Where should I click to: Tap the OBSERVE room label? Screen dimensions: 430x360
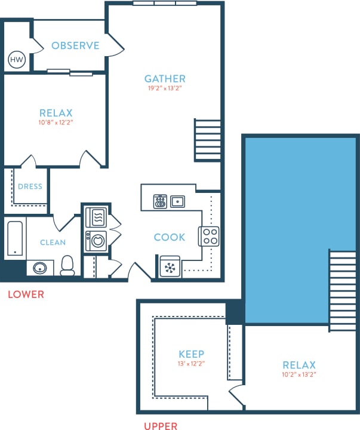point(75,46)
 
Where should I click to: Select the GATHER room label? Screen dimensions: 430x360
point(165,78)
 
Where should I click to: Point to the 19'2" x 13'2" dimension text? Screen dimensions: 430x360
point(165,88)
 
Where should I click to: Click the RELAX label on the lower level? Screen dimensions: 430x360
point(56,113)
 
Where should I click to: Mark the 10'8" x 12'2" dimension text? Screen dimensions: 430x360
point(56,122)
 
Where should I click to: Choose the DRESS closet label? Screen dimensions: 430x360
point(30,186)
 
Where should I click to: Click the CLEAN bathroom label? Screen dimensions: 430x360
point(53,242)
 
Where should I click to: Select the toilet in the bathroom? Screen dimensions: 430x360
point(67,266)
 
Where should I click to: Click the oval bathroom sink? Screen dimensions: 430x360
point(41,267)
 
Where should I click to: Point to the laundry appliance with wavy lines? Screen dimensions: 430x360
point(96,216)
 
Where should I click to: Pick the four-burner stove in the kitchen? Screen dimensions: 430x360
point(209,236)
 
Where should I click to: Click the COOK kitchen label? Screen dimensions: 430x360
point(170,237)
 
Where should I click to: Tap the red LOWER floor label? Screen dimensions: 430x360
point(25,294)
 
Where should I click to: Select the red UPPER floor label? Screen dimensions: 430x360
point(160,426)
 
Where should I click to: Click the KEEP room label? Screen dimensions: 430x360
point(192,354)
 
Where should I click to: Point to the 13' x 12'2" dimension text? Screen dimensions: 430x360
point(192,363)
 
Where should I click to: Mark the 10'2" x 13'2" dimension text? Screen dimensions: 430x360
point(299,374)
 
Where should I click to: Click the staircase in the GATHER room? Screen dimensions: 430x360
point(207,140)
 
